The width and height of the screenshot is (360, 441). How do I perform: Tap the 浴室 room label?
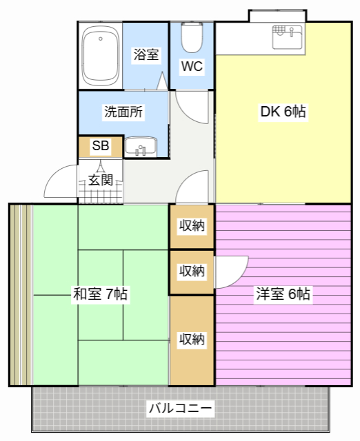146,54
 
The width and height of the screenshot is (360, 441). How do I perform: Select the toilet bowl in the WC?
192,38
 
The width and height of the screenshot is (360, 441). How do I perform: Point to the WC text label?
192,67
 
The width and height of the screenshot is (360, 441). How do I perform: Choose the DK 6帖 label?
283,111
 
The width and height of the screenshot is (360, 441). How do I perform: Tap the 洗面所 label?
123,111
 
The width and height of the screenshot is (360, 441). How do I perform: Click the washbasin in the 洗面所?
142,147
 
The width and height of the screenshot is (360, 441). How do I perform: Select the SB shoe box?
100,145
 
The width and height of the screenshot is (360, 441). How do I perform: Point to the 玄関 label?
100,181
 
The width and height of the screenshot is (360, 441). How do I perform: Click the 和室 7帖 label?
100,294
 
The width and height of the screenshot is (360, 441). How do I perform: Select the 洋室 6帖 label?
283,294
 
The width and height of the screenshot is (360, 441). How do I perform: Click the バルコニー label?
181,409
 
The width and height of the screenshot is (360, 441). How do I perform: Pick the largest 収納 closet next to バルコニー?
192,340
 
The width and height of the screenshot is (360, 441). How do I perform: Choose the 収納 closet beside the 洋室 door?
192,271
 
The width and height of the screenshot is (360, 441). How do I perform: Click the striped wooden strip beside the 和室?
21,294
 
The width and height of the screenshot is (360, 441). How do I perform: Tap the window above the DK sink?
277,15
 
